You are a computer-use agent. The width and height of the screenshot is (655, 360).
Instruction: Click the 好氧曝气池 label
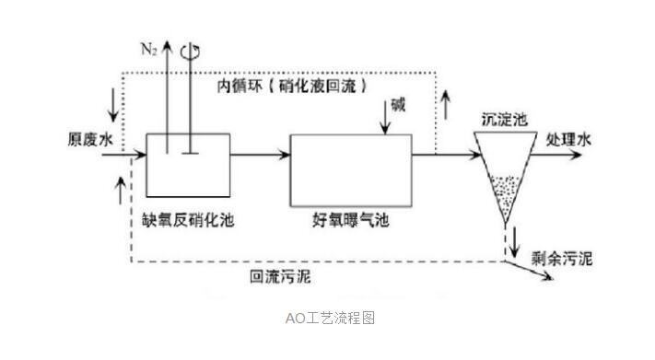click(x=350, y=221)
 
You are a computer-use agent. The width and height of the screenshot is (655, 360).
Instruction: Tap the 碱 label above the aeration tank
click(x=397, y=105)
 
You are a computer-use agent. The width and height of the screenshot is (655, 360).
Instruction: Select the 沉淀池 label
click(x=503, y=120)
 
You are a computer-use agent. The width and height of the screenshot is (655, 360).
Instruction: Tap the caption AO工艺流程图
click(x=328, y=319)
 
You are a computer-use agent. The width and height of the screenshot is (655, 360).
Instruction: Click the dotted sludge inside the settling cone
click(x=503, y=189)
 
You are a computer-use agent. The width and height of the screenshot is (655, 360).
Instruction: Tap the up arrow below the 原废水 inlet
click(x=117, y=188)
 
